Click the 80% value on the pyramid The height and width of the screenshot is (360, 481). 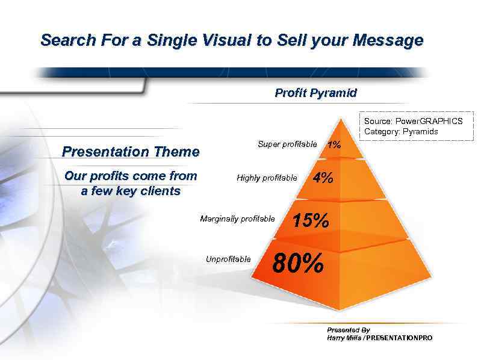click(298, 263)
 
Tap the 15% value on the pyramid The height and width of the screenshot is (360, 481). click(310, 221)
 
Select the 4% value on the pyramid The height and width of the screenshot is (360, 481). click(323, 178)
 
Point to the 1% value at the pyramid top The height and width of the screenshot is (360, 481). click(334, 144)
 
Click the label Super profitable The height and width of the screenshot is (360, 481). click(287, 144)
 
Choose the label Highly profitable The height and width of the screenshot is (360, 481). click(267, 178)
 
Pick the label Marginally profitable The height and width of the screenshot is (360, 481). click(237, 219)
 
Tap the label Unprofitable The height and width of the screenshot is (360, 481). click(228, 259)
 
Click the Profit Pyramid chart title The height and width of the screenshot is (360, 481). click(315, 93)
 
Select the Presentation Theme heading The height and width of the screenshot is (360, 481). click(131, 152)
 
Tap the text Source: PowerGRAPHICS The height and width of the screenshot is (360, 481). click(413, 121)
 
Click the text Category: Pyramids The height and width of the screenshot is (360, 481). click(401, 131)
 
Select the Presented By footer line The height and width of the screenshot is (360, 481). click(348, 330)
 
